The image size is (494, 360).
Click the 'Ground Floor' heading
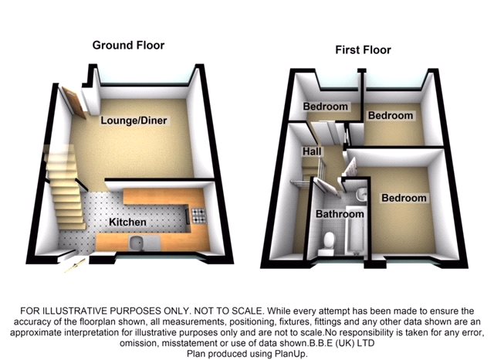coord(128,45)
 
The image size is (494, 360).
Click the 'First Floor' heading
coord(363,50)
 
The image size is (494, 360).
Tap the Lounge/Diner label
coord(134,121)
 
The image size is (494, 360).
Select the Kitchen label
coord(128,222)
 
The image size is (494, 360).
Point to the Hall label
coord(311,153)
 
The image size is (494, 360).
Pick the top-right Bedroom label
coord(390,116)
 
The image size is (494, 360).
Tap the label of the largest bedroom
coord(404,198)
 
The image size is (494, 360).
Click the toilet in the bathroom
coord(327,242)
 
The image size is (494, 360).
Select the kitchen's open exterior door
coord(70,263)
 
